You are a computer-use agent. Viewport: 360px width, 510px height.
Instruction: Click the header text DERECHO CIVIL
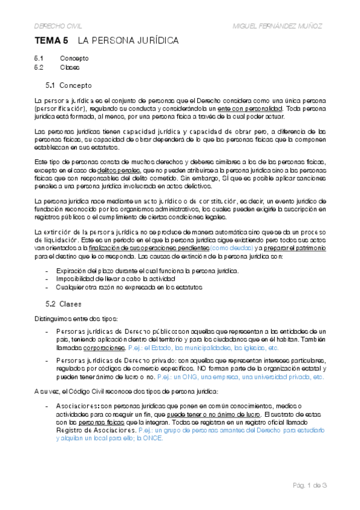57,26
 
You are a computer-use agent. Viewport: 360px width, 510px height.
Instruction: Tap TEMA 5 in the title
52,41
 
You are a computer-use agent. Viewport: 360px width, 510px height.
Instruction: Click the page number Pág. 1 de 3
310,485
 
